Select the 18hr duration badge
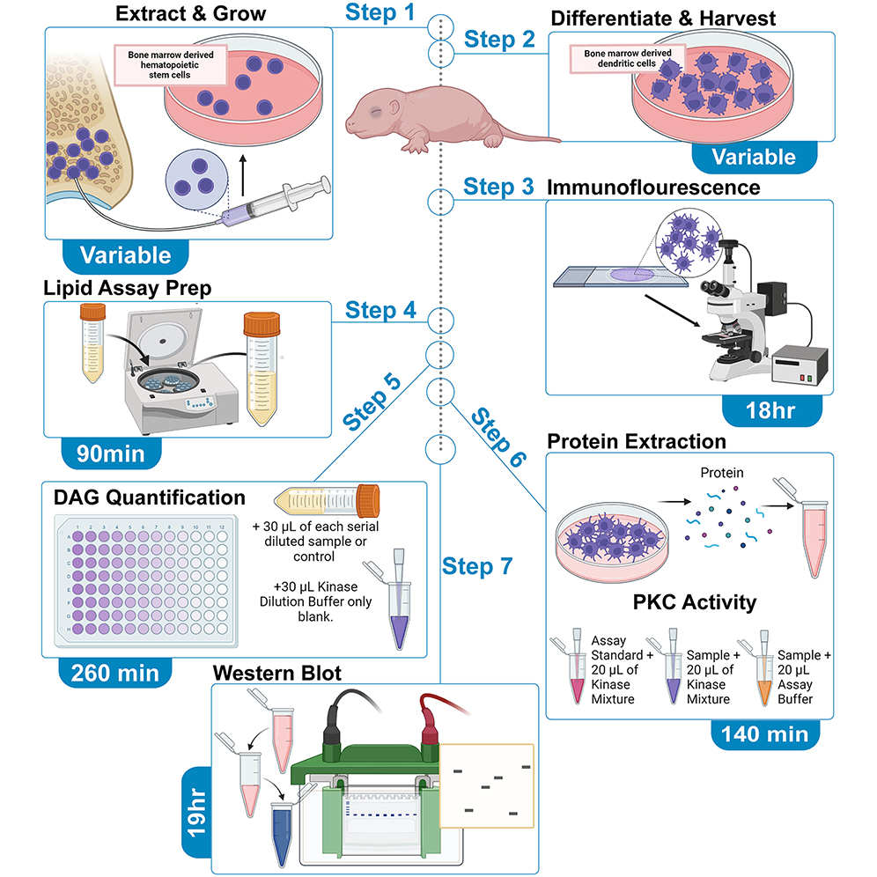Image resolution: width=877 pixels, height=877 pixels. (770, 409)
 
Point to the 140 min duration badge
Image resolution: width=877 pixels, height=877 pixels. (764, 733)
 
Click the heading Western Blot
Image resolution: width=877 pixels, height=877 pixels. (277, 673)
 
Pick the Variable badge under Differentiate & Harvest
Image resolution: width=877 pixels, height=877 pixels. (753, 157)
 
